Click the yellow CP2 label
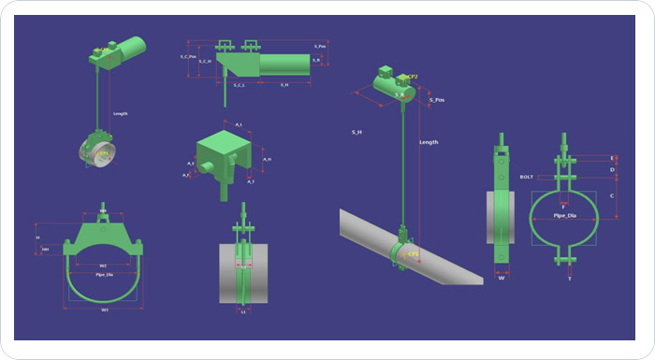(x=412, y=77)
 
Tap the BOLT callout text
(x=527, y=176)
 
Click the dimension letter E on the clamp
(x=612, y=158)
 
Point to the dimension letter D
(x=612, y=170)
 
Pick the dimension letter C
(x=612, y=195)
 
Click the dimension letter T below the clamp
(x=569, y=278)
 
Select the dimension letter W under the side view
(x=502, y=277)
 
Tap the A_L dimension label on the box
(x=239, y=124)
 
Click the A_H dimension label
(x=267, y=159)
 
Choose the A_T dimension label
(x=250, y=181)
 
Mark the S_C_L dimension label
(x=238, y=85)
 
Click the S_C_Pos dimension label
(x=187, y=58)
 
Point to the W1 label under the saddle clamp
(x=105, y=310)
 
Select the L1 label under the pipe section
(x=243, y=312)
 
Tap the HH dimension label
(x=46, y=250)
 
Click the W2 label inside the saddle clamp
(x=103, y=266)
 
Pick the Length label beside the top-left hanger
(x=120, y=114)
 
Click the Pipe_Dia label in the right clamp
(x=563, y=215)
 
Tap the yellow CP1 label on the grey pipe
(x=413, y=253)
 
